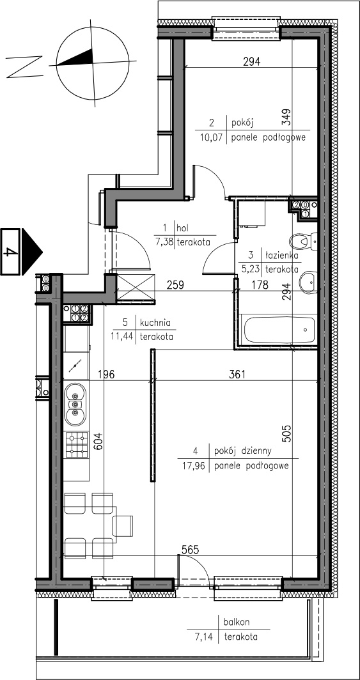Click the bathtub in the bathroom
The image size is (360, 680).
[x=279, y=330]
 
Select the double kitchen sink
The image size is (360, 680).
[x=75, y=405]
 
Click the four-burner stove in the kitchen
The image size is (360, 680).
[x=76, y=445]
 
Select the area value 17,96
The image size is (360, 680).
[x=191, y=467]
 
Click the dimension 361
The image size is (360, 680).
[x=237, y=375]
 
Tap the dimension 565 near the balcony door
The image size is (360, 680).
[x=190, y=550]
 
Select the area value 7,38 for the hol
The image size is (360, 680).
[x=164, y=242]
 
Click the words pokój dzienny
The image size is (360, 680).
[x=243, y=451]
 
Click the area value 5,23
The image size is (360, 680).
[x=253, y=269]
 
